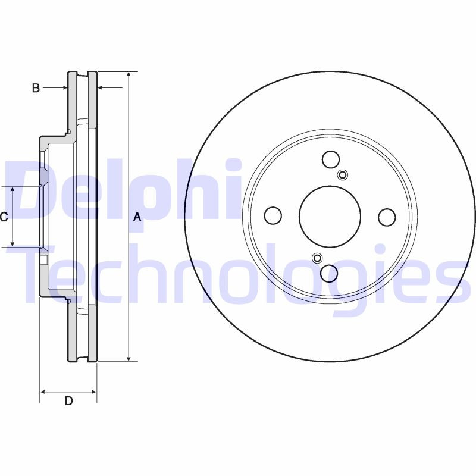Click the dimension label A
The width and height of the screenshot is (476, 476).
[137, 217]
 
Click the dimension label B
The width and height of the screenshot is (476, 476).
[36, 88]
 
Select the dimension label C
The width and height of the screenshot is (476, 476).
[4, 217]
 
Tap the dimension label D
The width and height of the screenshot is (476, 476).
[68, 401]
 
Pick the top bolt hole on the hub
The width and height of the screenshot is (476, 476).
[331, 159]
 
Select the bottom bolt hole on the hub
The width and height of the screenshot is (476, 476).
[330, 274]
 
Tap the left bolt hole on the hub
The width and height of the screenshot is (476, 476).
[273, 216]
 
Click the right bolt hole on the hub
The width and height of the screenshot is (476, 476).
[387, 217]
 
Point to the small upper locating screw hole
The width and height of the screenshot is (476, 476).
[343, 174]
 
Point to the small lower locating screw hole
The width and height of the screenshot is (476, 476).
[317, 258]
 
